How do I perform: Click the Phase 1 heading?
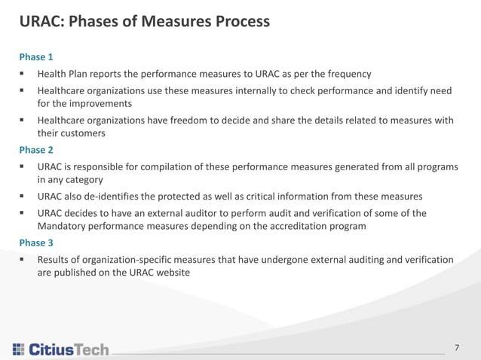pos(36,57)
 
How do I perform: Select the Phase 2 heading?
pos(36,150)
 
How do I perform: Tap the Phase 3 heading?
pos(36,243)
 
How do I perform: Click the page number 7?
pos(457,347)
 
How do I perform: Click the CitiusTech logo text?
pos(69,349)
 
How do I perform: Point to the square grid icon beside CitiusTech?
pos(18,349)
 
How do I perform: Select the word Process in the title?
pos(238,22)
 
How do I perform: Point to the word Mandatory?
pos(63,227)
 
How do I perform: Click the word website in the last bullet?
pos(181,273)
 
